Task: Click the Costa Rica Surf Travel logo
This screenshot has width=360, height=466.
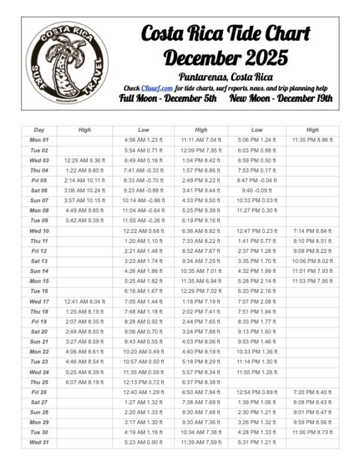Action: tap(67, 63)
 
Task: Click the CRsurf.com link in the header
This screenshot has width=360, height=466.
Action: tap(156, 88)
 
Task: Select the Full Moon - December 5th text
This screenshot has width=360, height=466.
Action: tap(168, 99)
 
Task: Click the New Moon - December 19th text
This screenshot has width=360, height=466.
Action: tap(281, 99)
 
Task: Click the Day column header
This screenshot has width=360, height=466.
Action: tap(39, 130)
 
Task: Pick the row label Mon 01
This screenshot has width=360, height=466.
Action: tap(39, 140)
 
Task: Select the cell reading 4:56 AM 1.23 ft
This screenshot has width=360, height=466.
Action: tap(142, 140)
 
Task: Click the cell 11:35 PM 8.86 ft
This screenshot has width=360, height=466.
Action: tap(313, 140)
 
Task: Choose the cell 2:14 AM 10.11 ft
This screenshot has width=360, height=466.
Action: tap(85, 180)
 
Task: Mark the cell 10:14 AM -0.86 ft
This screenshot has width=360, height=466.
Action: tap(142, 200)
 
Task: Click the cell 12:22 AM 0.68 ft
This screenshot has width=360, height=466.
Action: tap(142, 230)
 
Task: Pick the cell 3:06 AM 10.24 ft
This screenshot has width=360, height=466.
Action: tap(85, 190)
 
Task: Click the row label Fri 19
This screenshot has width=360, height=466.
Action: tap(39, 321)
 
